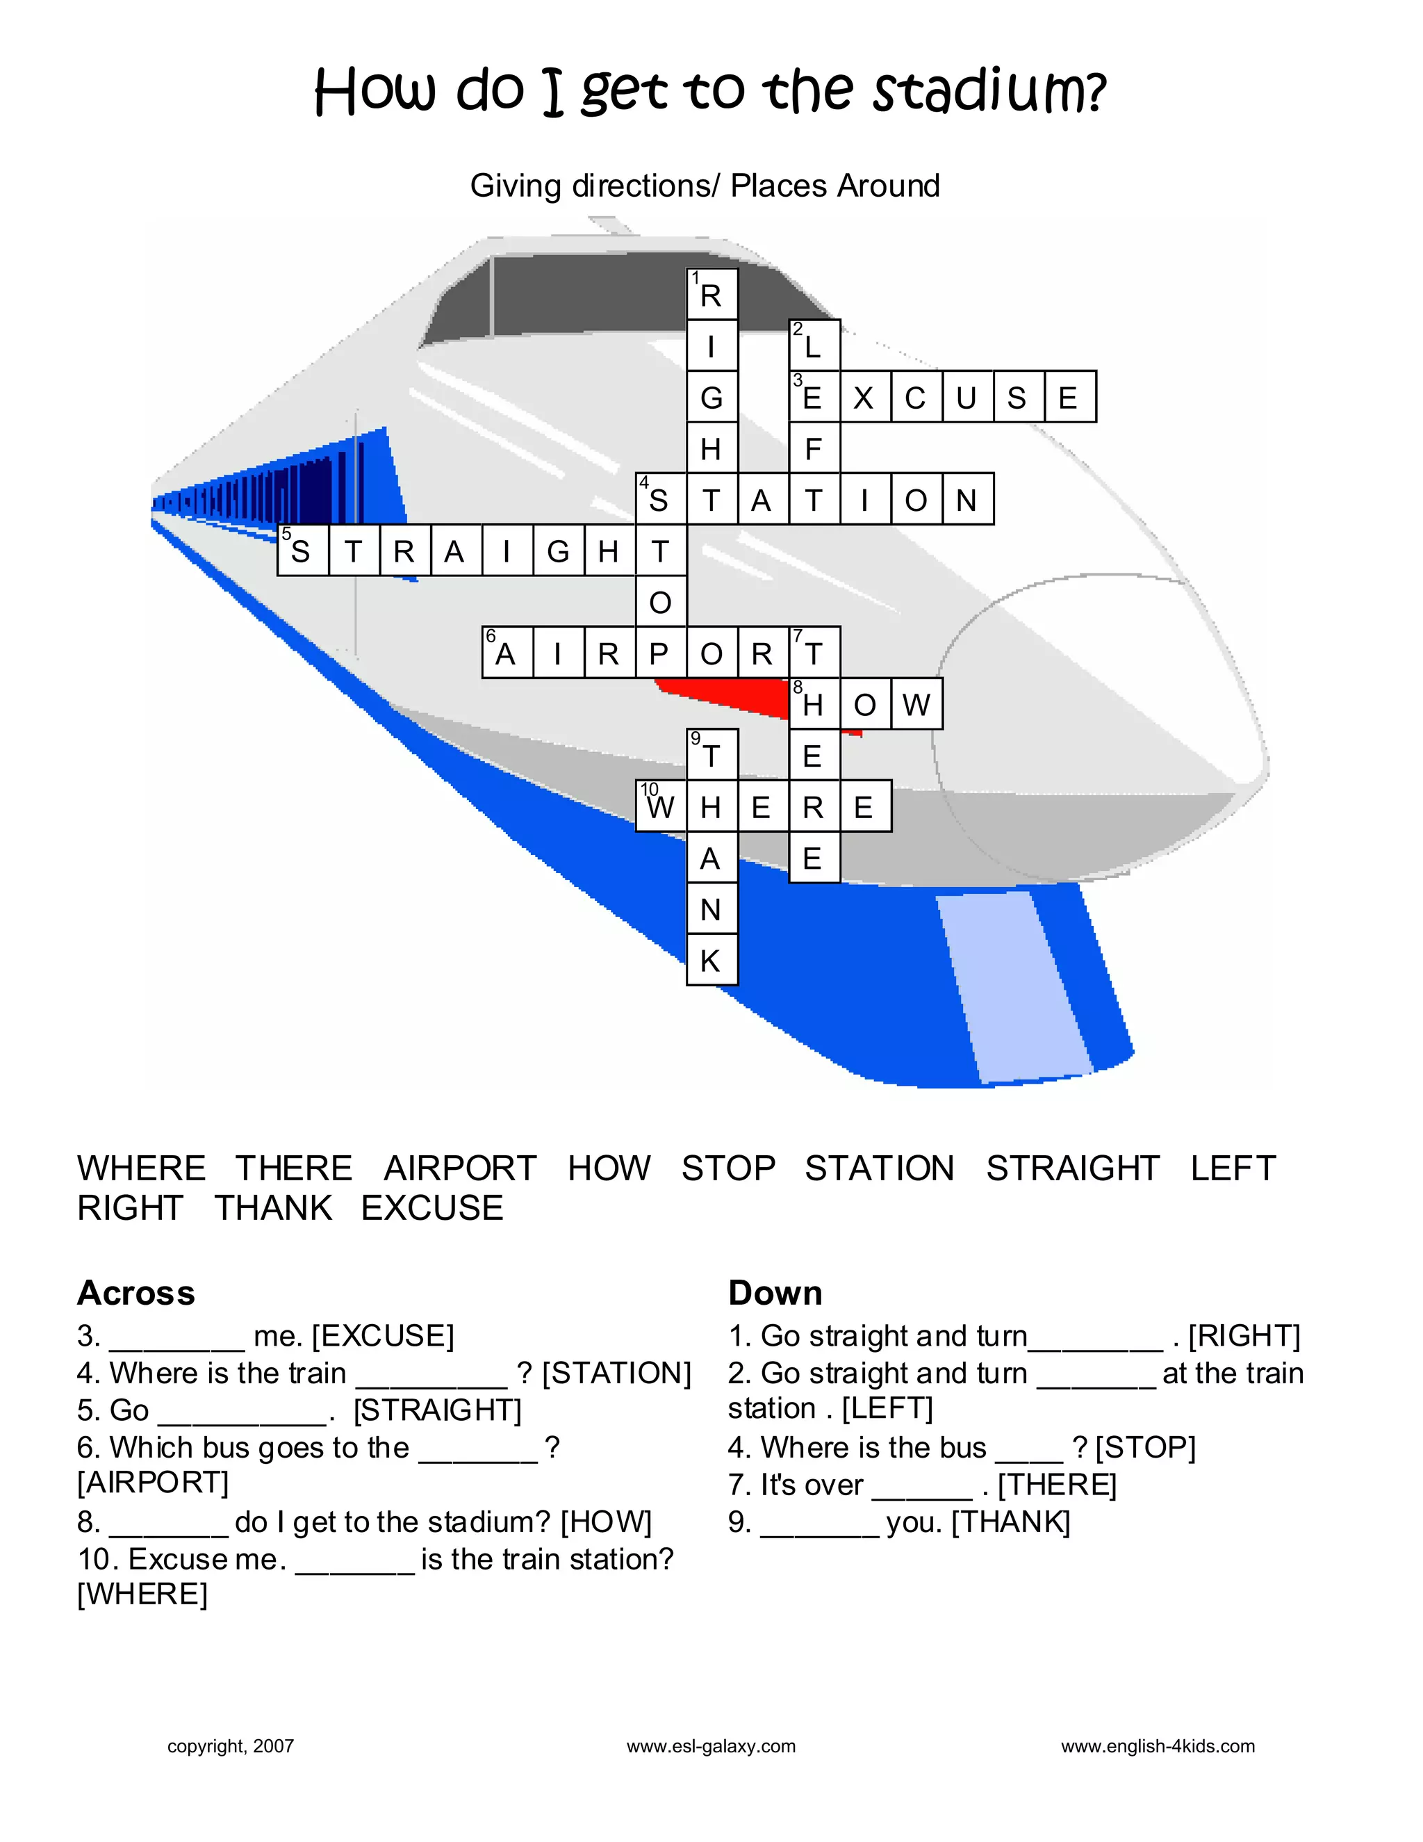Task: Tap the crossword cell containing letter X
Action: click(865, 396)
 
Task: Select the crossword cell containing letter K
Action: click(711, 960)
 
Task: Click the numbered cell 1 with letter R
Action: click(711, 294)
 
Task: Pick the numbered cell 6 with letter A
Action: click(507, 652)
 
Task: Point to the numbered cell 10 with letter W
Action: click(661, 806)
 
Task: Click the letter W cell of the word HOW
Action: click(916, 703)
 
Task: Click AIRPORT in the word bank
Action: click(459, 1168)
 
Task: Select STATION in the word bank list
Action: click(879, 1168)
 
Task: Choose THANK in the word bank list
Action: click(273, 1208)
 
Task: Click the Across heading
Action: click(135, 1293)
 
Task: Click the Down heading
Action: click(775, 1293)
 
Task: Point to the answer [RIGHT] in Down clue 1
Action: click(1244, 1336)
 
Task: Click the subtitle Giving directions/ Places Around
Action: click(705, 186)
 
